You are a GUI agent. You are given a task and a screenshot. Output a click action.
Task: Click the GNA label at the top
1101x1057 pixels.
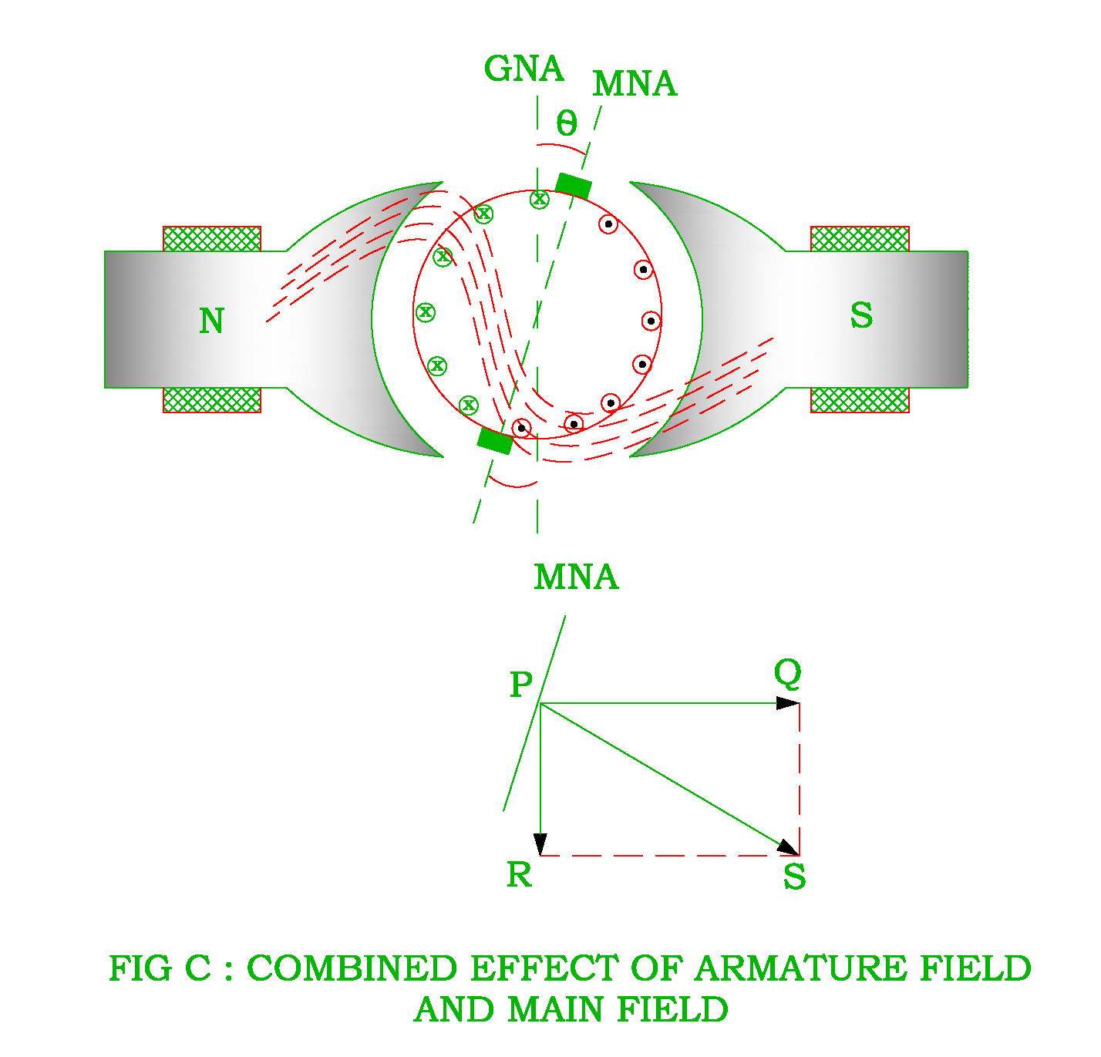click(x=524, y=69)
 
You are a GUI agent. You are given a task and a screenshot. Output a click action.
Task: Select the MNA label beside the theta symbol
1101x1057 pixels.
click(x=634, y=84)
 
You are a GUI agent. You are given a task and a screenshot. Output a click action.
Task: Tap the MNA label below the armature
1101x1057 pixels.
click(x=576, y=577)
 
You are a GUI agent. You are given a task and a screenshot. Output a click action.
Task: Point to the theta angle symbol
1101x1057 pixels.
click(x=566, y=123)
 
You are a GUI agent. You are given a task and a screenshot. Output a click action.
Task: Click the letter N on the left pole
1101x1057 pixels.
click(x=211, y=321)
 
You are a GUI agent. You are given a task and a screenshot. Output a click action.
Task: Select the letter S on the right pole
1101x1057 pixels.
click(x=861, y=315)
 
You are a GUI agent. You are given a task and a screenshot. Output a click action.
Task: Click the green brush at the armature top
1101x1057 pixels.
click(x=574, y=186)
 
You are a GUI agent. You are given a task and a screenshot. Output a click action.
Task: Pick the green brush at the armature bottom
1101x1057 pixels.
click(x=495, y=440)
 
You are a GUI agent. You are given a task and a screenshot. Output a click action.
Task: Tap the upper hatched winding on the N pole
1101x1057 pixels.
click(x=212, y=239)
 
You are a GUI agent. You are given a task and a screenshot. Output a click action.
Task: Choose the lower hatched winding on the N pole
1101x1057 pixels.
click(x=212, y=400)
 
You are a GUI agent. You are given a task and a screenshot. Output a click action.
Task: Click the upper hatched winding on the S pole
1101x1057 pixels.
click(x=860, y=239)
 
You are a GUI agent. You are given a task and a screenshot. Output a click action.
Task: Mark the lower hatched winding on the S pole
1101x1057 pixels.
click(x=860, y=400)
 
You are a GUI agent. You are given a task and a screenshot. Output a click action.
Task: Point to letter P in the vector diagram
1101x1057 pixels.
click(x=521, y=685)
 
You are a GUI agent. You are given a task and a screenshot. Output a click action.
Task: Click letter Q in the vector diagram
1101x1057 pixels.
click(x=788, y=673)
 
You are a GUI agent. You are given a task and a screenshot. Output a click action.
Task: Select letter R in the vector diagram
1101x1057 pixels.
click(x=519, y=875)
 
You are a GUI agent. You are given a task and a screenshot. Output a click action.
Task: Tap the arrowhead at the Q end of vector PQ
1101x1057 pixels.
click(x=788, y=703)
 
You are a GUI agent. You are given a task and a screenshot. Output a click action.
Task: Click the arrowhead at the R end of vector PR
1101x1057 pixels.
click(x=540, y=844)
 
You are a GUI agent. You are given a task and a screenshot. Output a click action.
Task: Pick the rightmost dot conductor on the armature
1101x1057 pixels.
click(x=652, y=321)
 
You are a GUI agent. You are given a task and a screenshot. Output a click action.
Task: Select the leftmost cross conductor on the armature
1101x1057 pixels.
click(x=426, y=312)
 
